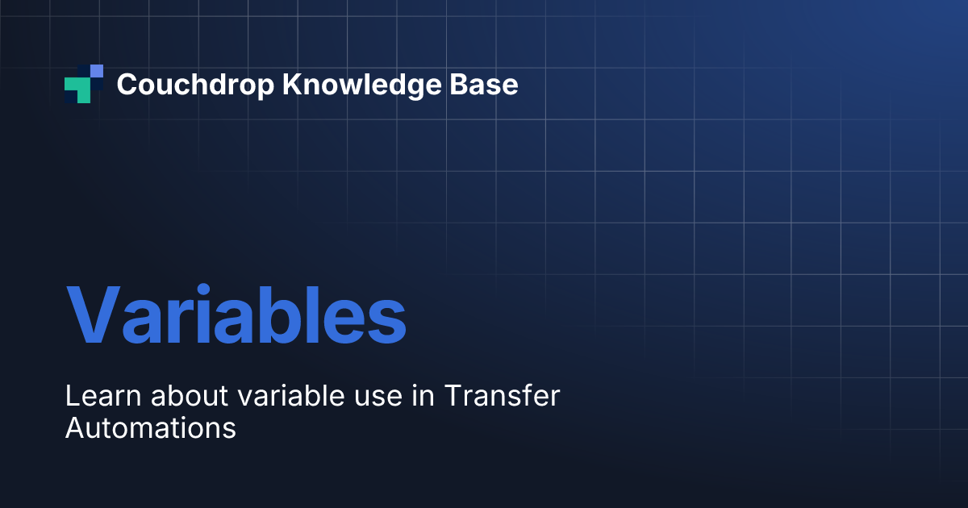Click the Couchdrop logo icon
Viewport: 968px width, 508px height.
click(84, 84)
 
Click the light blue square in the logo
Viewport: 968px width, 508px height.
click(97, 71)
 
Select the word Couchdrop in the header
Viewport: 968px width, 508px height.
click(195, 85)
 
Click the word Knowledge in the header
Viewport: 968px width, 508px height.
click(361, 85)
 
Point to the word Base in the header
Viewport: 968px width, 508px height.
click(483, 84)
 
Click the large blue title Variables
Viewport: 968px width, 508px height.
click(236, 314)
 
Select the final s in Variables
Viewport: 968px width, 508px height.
click(386, 322)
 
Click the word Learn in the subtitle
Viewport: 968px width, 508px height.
click(103, 395)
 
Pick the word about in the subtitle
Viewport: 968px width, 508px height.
click(190, 395)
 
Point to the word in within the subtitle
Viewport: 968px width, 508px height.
click(423, 395)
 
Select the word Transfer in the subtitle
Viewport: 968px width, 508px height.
click(502, 395)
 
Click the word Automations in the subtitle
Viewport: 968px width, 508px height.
click(151, 427)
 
